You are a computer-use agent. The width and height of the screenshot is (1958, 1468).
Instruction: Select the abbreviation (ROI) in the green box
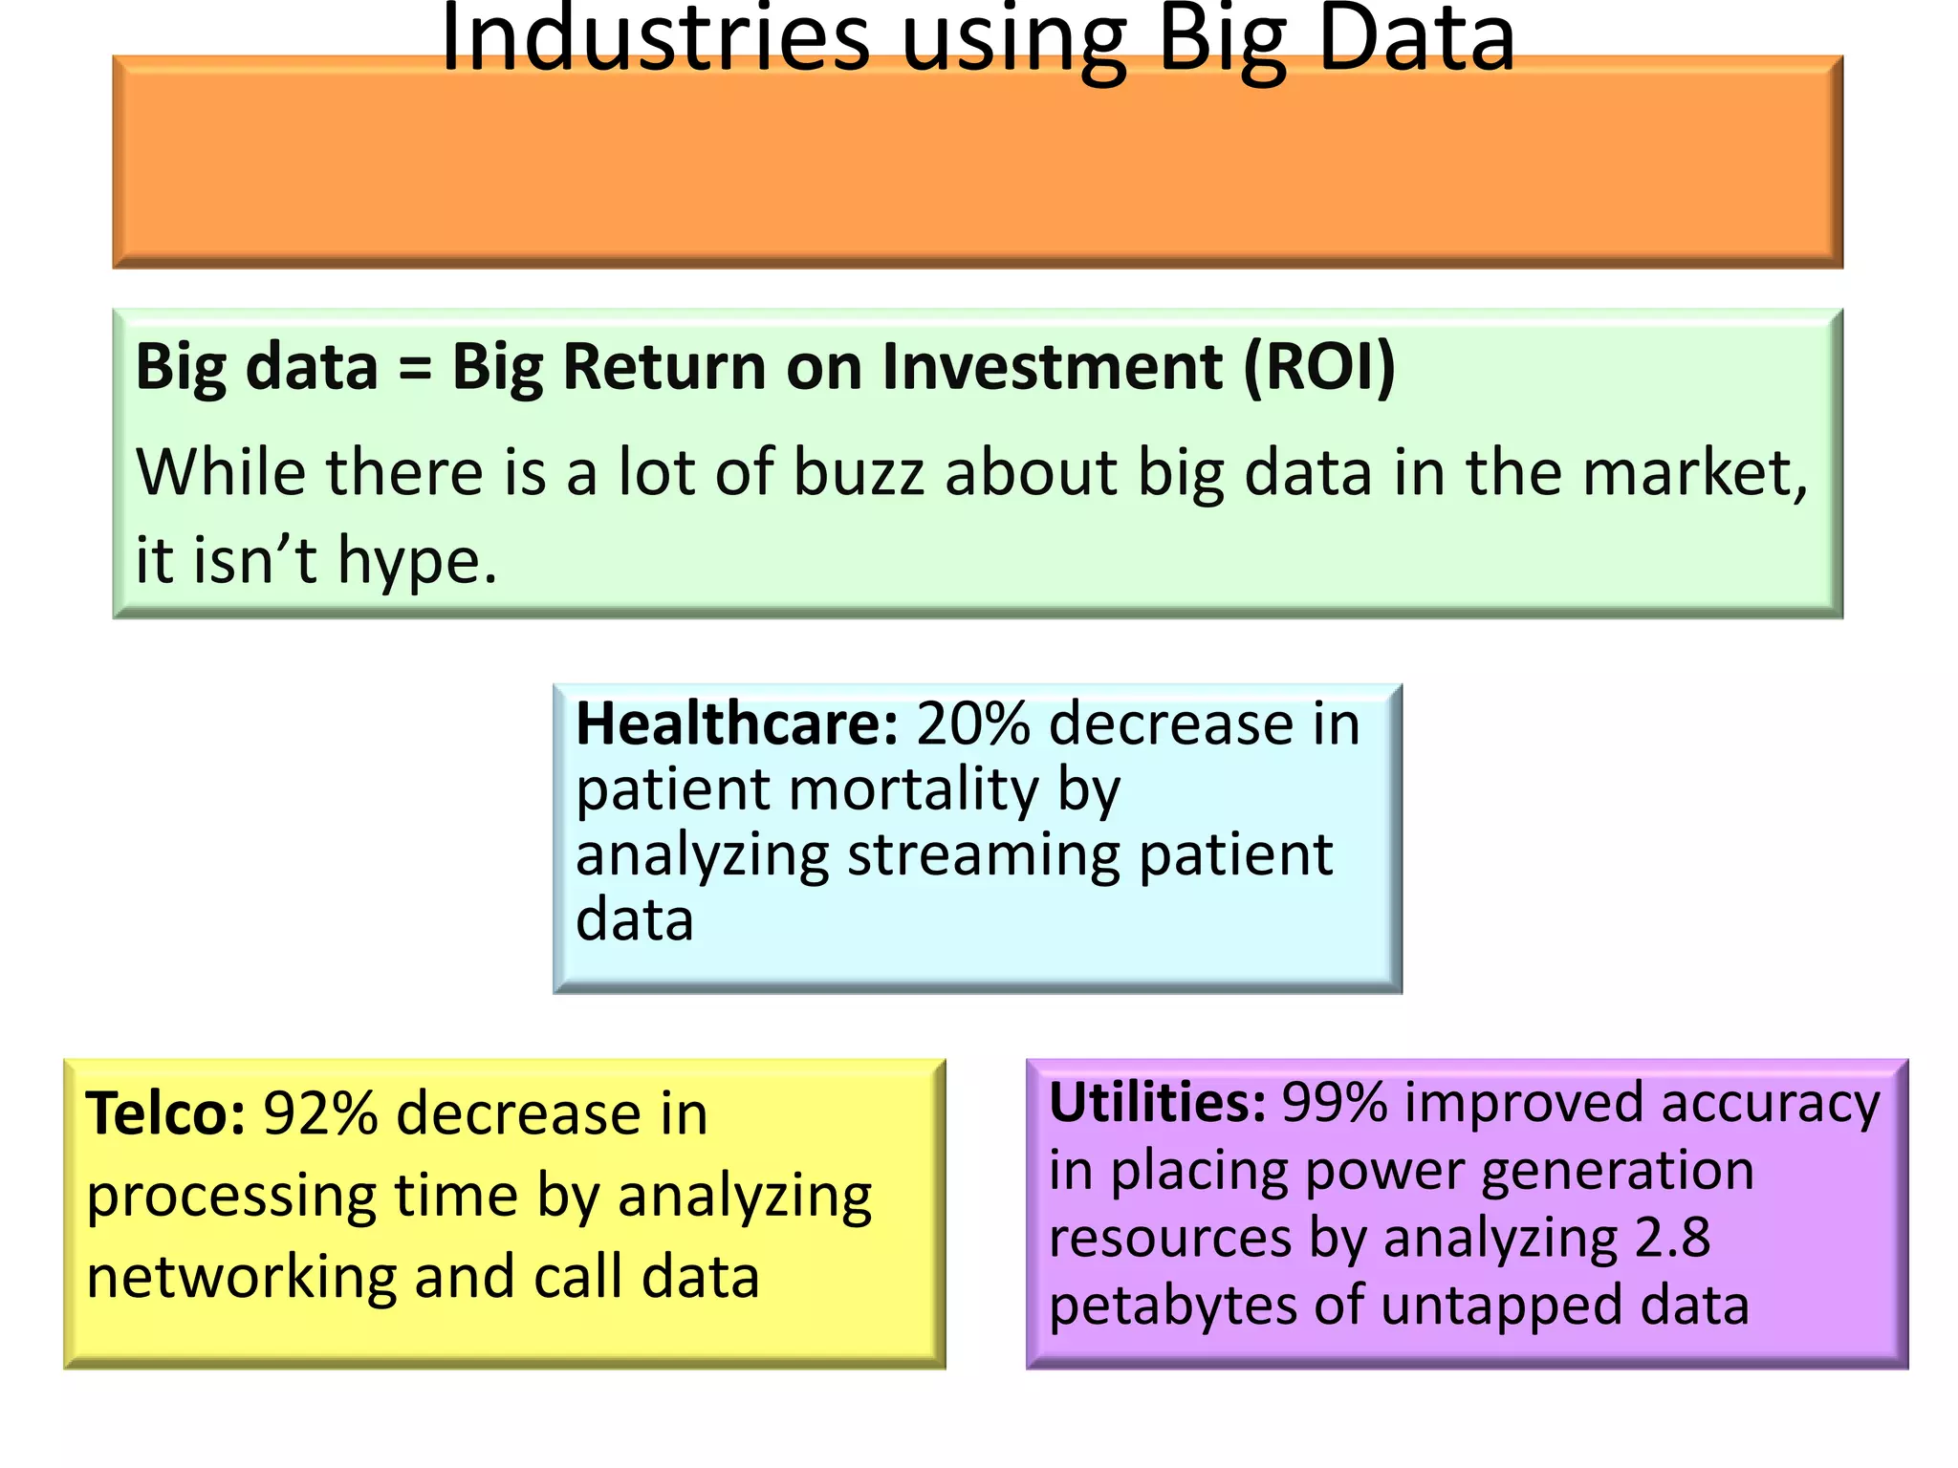tap(1319, 366)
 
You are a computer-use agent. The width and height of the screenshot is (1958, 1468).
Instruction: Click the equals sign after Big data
tap(414, 368)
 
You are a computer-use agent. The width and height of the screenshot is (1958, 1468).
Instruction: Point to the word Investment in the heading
tap(1052, 366)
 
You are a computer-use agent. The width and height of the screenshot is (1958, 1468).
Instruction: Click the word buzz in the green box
tap(859, 472)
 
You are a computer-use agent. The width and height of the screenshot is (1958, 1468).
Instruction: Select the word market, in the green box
tap(1694, 472)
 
